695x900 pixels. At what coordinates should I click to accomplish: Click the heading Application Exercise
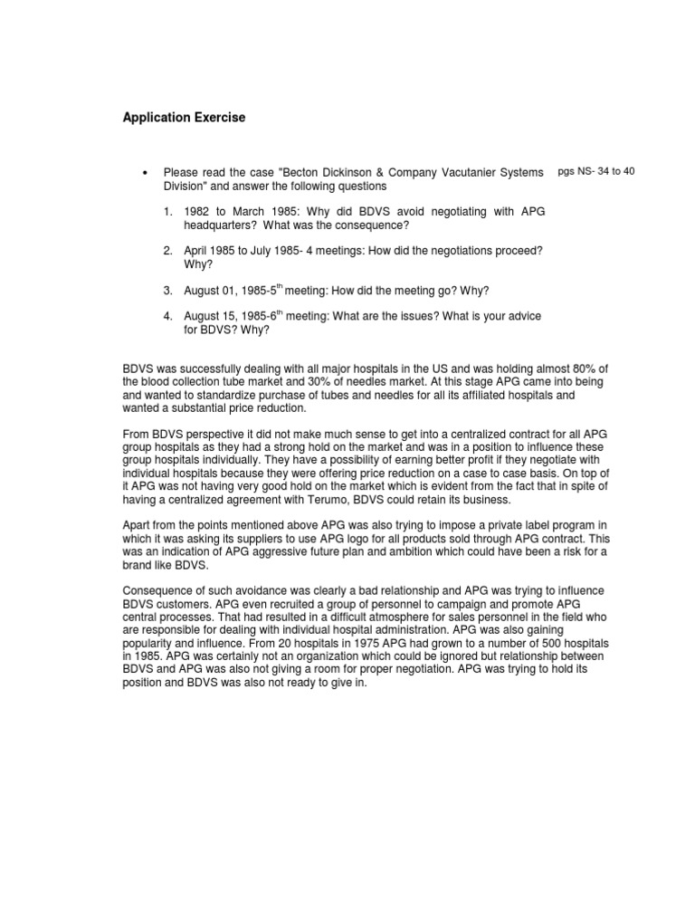[184, 118]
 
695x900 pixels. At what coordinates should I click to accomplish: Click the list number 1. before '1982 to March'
[168, 212]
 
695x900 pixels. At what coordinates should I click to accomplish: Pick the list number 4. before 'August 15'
[168, 316]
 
